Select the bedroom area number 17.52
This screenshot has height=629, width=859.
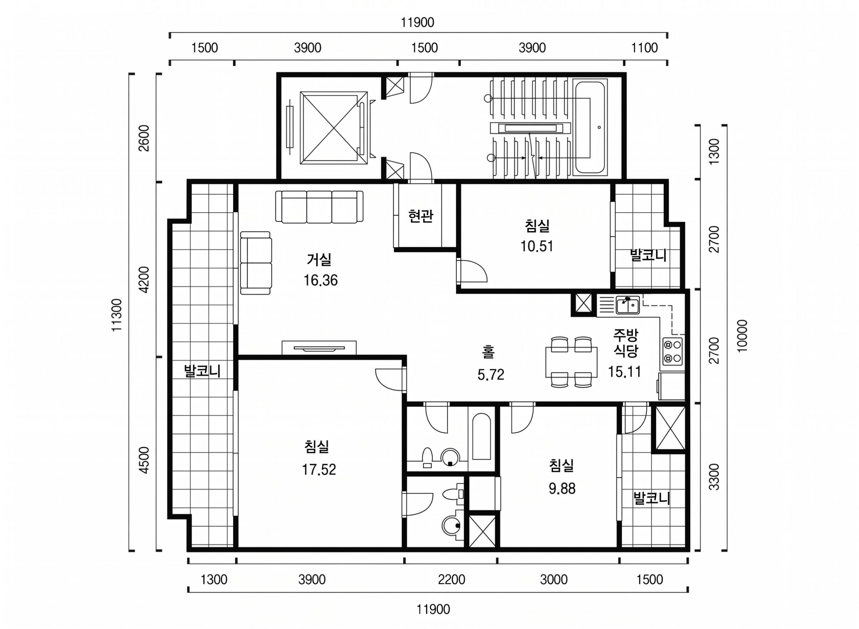319,470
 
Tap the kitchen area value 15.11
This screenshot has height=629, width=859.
624,372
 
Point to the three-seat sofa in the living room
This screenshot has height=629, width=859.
319,207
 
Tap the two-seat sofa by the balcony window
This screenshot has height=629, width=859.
256,263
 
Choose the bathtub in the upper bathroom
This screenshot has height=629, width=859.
481,437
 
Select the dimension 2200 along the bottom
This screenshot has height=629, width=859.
451,580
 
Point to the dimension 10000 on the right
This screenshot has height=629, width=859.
742,336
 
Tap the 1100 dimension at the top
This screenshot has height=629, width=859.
644,48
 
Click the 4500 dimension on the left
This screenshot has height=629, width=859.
144,460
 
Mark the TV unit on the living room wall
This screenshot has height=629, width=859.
319,348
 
